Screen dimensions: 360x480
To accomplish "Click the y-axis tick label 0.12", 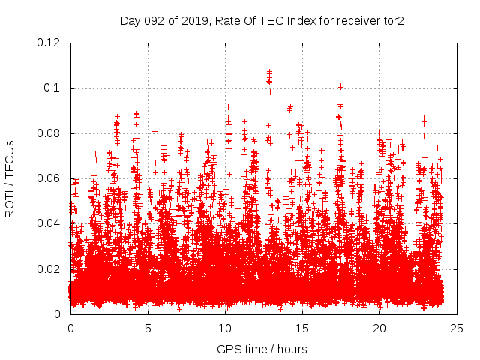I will (49, 43).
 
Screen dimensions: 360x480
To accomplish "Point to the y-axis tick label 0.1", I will (52, 88).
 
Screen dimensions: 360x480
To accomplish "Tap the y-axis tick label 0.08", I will (49, 133).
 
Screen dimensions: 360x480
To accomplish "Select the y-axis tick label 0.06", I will (49, 178).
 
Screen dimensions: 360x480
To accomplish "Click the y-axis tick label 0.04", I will (49, 223).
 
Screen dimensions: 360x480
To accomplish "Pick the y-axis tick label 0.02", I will (49, 268).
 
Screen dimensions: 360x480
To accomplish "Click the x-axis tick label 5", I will (148, 328).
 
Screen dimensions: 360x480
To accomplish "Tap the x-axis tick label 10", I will (225, 328).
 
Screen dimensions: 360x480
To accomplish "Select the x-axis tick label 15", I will (302, 328).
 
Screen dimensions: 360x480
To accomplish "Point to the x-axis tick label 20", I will (379, 328).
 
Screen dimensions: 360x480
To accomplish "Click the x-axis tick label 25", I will (457, 328).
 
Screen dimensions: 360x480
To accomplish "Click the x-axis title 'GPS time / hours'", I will (262, 349).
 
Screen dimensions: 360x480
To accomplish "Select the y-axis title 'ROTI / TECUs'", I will (10, 178).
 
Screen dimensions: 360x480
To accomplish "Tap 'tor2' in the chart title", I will (393, 21).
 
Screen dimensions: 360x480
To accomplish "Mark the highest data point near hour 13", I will (269, 72).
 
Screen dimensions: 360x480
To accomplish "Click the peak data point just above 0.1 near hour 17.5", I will (340, 86).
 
